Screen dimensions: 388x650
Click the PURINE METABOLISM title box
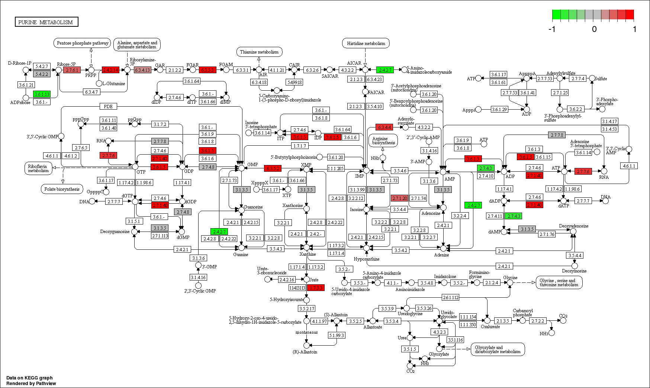[46, 22]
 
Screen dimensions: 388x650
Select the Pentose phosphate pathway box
[82, 43]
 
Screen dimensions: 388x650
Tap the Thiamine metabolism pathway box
[259, 52]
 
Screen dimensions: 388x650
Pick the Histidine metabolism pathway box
[366, 43]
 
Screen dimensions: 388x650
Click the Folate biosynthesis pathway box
[62, 189]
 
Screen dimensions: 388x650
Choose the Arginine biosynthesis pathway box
[383, 140]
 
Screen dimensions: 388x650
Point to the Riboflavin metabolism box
[38, 168]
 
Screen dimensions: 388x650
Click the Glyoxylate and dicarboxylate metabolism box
[498, 349]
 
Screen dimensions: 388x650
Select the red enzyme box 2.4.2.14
[110, 70]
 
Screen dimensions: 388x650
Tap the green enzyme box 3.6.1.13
[42, 94]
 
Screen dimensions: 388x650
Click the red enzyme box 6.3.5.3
[207, 70]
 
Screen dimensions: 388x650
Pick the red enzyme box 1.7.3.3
[316, 288]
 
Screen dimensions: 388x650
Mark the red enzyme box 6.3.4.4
[384, 127]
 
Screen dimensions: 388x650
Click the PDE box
[108, 106]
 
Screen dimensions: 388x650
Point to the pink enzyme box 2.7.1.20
[399, 198]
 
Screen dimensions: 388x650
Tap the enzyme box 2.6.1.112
[450, 297]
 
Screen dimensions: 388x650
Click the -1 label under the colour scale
[552, 29]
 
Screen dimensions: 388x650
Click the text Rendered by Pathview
[31, 384]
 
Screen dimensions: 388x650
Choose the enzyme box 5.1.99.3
[337, 335]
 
